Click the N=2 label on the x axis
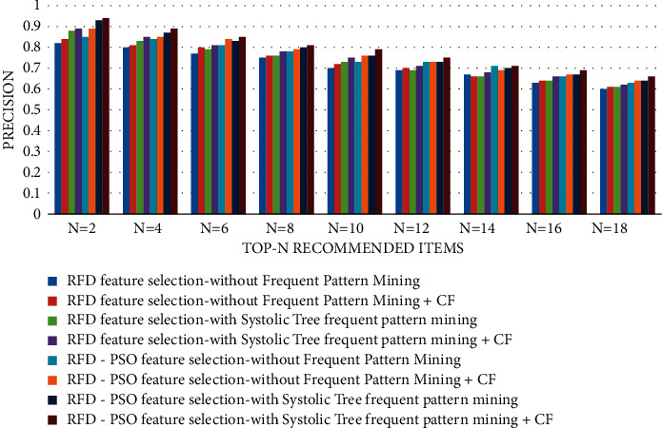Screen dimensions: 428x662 click(x=82, y=229)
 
